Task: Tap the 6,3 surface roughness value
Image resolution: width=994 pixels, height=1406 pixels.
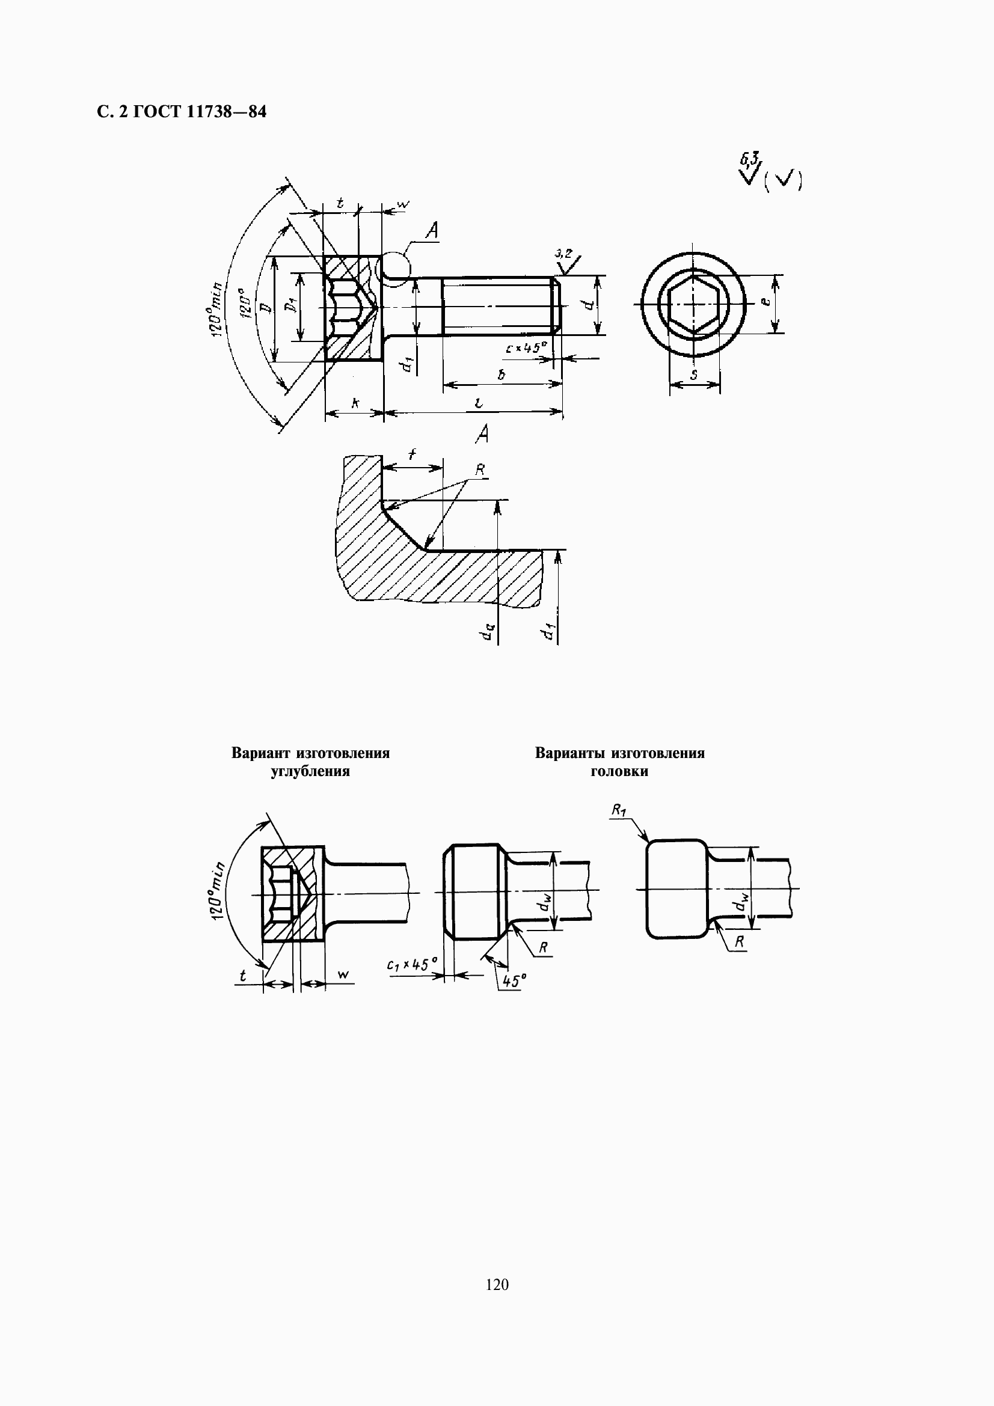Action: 750,160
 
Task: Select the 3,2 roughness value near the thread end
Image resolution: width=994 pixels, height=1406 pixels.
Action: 562,252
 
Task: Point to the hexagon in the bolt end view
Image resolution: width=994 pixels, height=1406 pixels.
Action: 693,304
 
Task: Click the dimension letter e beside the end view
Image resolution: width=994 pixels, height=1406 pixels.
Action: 765,302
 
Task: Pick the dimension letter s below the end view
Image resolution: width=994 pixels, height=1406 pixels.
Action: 694,374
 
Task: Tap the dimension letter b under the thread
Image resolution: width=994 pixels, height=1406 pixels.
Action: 501,374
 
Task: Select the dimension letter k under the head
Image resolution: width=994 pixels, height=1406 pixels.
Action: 355,403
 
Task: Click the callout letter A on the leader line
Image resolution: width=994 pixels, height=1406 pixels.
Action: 432,230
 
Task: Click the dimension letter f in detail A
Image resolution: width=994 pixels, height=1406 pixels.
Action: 412,454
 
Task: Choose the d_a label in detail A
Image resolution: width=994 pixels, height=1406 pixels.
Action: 488,631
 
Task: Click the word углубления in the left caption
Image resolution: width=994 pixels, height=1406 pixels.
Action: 310,771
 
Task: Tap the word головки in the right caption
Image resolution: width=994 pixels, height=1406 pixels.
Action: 619,771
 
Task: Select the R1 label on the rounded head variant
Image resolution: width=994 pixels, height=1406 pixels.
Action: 619,810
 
